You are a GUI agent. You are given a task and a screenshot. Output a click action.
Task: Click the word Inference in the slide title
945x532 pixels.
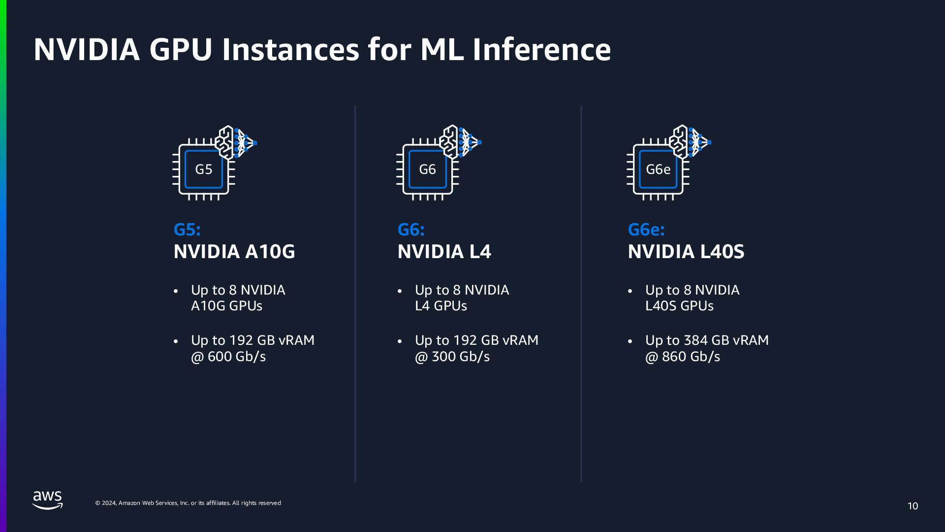541,50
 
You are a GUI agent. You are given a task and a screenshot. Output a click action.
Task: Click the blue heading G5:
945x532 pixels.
187,230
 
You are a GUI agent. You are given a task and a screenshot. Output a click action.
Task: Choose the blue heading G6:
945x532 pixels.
411,230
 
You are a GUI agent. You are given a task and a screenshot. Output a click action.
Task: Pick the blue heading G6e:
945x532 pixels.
646,230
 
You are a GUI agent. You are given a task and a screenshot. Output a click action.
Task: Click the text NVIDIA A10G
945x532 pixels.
234,252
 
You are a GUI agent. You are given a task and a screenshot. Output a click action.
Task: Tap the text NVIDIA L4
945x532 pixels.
444,252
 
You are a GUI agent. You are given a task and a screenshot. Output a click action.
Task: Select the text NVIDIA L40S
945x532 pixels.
686,252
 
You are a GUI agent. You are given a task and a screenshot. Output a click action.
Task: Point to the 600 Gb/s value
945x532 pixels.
236,357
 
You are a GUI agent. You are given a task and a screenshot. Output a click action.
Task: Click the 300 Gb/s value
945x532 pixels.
460,357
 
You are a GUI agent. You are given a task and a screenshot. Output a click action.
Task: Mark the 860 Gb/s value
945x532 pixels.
691,357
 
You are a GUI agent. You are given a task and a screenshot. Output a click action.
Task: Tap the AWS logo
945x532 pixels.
48,499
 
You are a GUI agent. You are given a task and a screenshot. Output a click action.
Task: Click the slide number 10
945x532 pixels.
913,506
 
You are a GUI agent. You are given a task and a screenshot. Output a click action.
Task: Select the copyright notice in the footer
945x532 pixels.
188,503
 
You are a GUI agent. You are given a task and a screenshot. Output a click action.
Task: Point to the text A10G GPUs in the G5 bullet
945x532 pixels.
226,306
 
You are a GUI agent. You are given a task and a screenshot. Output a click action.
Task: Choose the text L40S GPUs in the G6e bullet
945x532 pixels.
679,306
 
